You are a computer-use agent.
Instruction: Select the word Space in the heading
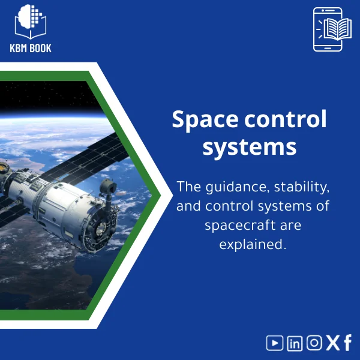(x=204, y=119)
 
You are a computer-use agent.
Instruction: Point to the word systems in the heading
(x=249, y=146)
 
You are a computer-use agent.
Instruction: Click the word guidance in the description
(x=235, y=187)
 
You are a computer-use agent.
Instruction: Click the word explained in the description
(x=250, y=245)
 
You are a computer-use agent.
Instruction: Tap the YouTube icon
(x=275, y=343)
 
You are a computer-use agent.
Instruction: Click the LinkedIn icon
(x=295, y=343)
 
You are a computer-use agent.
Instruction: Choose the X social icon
(x=332, y=343)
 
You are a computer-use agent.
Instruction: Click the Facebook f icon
(x=348, y=343)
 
